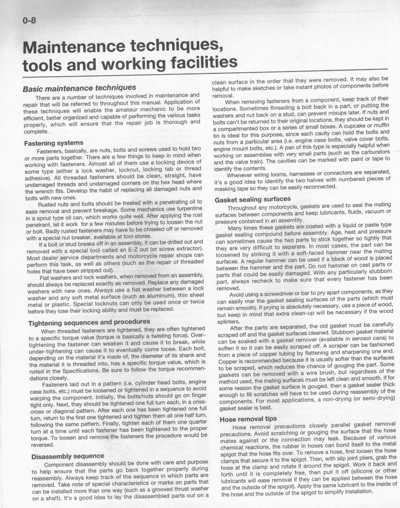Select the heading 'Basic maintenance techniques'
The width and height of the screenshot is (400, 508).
(79, 87)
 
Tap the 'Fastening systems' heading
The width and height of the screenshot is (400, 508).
(53, 143)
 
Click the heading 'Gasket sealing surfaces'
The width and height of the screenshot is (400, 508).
(252, 199)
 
